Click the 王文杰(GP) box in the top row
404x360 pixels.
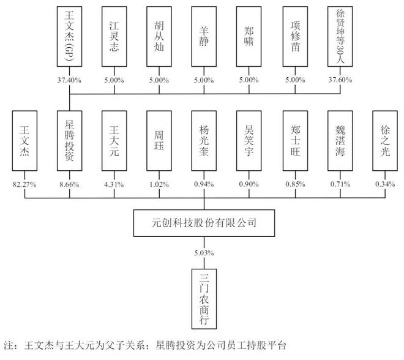click(69, 37)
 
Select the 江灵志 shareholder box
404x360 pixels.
click(114, 37)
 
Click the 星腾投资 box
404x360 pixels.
click(69, 141)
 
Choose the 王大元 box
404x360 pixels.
click(114, 141)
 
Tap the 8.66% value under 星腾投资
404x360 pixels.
click(69, 181)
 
